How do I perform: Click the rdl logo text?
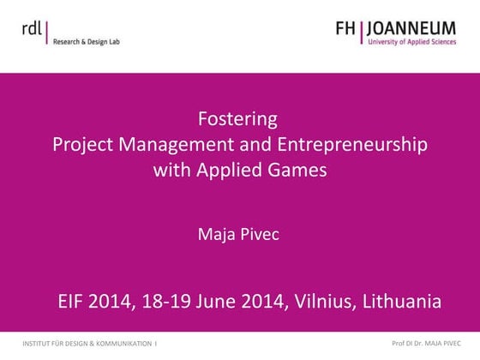33,27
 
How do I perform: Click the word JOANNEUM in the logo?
414,29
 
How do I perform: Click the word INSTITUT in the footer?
39,343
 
